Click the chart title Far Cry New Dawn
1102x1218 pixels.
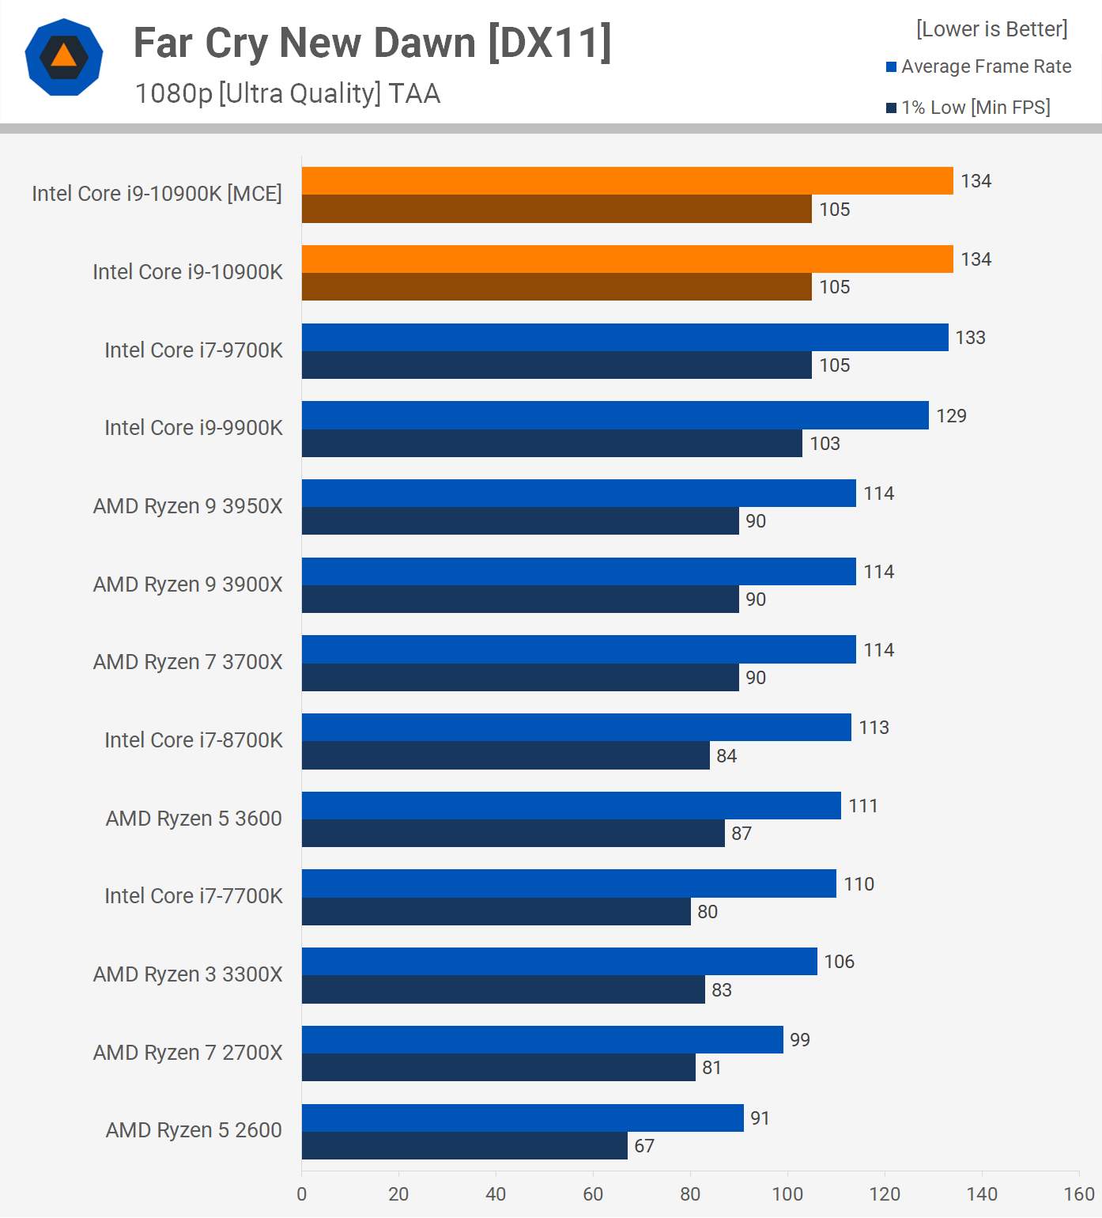tap(372, 43)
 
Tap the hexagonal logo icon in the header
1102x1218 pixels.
tap(64, 57)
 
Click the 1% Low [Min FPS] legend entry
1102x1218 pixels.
tap(968, 108)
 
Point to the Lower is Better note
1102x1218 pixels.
tap(991, 29)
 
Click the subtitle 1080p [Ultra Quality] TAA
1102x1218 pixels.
tap(288, 93)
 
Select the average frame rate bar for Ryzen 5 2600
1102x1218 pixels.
tap(522, 1118)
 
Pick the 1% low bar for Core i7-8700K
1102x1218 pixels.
tap(505, 755)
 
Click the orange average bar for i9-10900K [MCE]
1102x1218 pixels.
tap(627, 181)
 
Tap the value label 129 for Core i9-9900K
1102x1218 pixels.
tap(951, 416)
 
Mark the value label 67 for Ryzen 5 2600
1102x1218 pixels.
tap(644, 1146)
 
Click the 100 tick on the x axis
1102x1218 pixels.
tap(787, 1194)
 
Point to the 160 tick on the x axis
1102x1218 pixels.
tap(1079, 1194)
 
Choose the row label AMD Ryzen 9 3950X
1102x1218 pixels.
tap(187, 506)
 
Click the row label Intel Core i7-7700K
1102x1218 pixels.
tap(194, 896)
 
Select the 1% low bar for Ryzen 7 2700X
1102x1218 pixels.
tap(498, 1068)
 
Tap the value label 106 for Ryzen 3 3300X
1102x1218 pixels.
tap(839, 962)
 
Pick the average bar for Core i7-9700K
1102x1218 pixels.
tap(625, 338)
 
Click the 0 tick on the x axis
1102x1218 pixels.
tap(302, 1194)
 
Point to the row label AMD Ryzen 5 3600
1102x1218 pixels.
tap(194, 819)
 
